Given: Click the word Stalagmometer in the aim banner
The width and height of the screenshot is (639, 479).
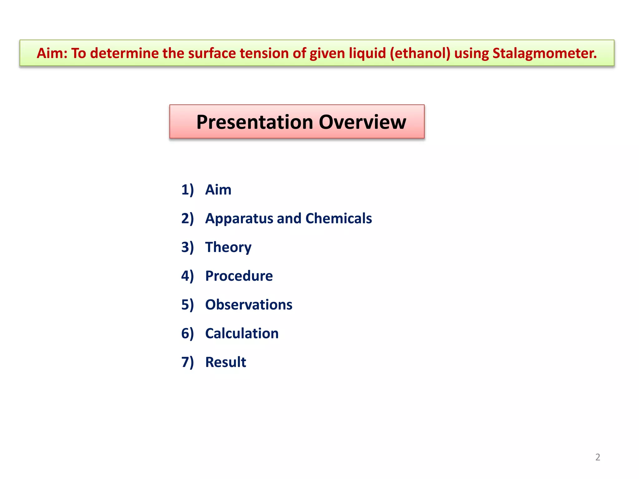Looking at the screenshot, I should click(544, 53).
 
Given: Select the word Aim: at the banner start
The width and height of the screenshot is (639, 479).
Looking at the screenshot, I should click(52, 53).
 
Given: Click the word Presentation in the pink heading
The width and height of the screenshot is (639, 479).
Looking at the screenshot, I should click(255, 122).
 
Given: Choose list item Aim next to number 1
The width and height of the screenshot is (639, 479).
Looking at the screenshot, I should click(218, 190).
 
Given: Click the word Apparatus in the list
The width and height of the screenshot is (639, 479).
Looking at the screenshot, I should click(238, 218).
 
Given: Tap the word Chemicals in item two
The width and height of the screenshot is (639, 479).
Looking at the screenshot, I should click(339, 218).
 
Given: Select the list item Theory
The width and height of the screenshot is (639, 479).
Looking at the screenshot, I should click(228, 247).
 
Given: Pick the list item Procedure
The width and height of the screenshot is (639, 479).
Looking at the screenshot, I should click(239, 276).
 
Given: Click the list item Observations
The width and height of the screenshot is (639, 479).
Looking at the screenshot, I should click(249, 305).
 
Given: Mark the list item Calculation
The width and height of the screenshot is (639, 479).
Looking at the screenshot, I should click(242, 333).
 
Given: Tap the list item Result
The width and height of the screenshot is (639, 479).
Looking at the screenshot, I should click(226, 362).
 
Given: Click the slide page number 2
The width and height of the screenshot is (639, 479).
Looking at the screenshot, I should click(598, 457).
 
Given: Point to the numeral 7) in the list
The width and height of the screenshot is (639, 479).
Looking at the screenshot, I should click(188, 362).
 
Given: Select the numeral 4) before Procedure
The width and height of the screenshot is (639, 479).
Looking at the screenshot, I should click(188, 276).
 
